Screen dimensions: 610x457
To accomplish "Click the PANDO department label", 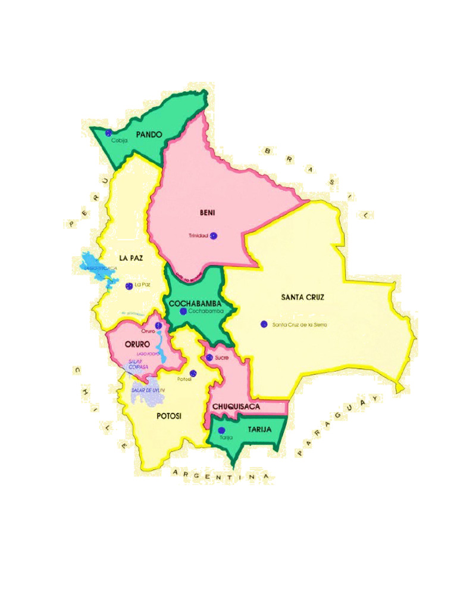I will point(149,135).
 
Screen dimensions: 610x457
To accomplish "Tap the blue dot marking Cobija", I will point(108,133).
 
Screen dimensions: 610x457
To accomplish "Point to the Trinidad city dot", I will point(214,236).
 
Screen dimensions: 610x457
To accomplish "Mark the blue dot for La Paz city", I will point(129,286).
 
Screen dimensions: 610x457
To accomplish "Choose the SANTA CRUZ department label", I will point(302,297).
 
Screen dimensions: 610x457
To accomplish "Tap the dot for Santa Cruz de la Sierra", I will point(264,324).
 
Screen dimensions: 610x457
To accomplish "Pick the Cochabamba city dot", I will point(183,311).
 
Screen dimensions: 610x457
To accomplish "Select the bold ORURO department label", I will point(137,344).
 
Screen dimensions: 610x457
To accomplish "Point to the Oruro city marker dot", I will point(158,325).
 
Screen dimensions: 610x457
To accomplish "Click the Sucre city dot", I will point(209,357).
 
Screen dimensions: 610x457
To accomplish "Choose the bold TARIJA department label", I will point(259,429).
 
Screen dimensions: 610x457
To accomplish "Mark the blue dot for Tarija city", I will point(221,430).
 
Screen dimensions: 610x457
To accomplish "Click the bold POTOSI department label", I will point(169,416).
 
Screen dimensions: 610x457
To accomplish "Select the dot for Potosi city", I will point(193,373).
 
